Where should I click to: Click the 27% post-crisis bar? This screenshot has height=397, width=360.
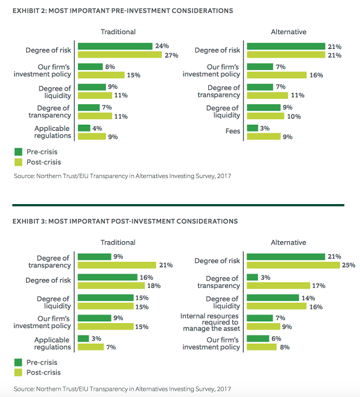tap(120, 55)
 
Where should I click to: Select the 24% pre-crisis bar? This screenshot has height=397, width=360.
tap(115, 46)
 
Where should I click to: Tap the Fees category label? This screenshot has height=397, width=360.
tap(233, 131)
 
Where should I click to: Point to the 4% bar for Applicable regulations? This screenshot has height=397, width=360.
tap(84, 128)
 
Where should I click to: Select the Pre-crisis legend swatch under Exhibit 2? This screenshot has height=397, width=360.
tap(18, 151)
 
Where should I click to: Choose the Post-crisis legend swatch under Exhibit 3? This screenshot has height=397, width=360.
tap(18, 372)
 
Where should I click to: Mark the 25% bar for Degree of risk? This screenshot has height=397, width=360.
tap(293, 265)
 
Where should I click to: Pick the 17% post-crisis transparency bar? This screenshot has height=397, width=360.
tap(278, 285)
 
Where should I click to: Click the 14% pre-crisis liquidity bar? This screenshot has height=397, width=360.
tap(273, 298)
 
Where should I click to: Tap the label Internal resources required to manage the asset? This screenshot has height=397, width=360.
tap(210, 323)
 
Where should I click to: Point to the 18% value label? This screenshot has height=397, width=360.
tap(154, 286)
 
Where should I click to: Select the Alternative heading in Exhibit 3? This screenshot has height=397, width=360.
tap(288, 243)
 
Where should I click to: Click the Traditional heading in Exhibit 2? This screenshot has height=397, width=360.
tap(118, 32)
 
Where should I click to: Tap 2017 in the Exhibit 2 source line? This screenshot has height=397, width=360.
tap(224, 176)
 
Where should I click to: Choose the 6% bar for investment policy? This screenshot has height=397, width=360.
tap(258, 339)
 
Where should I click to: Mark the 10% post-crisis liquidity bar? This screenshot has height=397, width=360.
tap(266, 116)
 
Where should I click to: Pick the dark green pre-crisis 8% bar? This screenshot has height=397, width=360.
tap(90, 66)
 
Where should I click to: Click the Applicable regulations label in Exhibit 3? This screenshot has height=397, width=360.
tap(53, 343)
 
